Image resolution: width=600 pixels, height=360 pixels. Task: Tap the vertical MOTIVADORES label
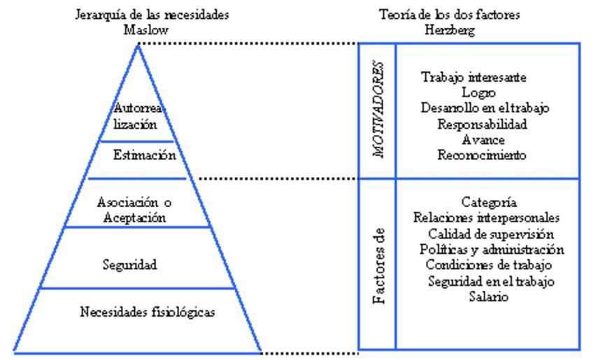[x=378, y=111]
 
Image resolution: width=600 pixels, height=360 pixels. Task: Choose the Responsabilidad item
[x=473, y=124]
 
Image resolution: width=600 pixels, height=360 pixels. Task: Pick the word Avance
[x=473, y=139]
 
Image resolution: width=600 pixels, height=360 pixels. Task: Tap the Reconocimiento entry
[x=473, y=154]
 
